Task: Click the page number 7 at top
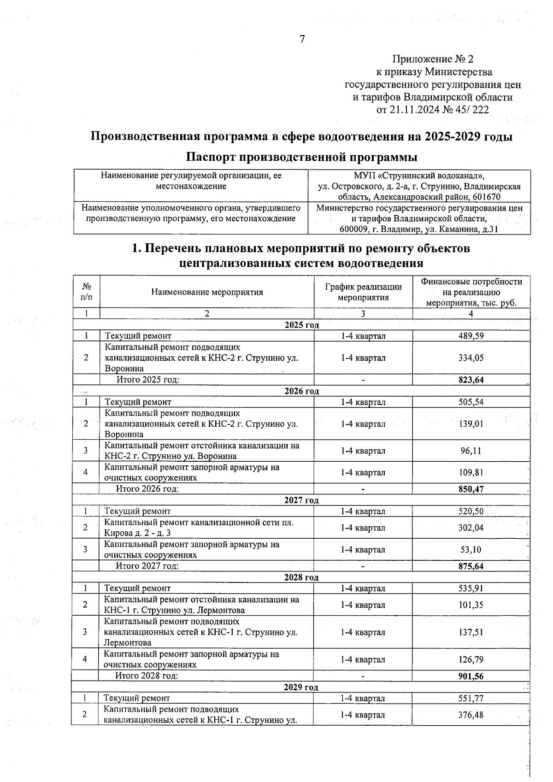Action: click(302, 39)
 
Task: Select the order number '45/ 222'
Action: click(472, 110)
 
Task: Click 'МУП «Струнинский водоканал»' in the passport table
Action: click(419, 176)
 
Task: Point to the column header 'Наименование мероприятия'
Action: click(207, 292)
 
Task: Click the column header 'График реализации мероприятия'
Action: click(363, 292)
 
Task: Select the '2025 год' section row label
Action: click(302, 325)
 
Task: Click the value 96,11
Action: click(471, 451)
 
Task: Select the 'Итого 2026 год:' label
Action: click(147, 489)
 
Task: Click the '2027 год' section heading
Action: click(301, 500)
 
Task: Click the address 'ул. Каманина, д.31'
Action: click(461, 229)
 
